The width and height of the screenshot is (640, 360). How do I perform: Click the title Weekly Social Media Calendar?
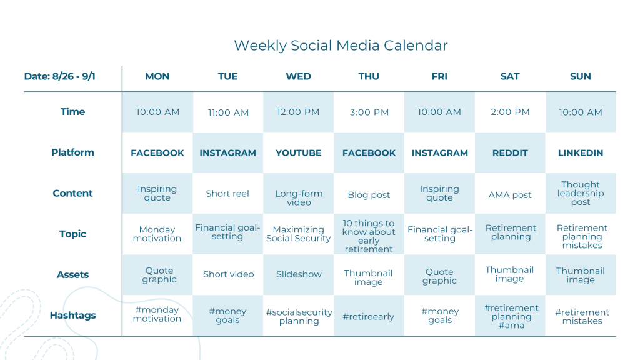coord(341,46)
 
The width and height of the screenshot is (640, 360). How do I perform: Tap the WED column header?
coord(298,76)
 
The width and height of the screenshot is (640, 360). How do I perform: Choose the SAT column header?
coord(510,76)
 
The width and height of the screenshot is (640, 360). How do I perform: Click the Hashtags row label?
coord(72,316)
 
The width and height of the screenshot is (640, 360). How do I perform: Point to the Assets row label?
coord(72,275)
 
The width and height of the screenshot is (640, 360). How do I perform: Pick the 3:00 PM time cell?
coord(369,112)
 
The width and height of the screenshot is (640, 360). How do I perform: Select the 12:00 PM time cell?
coord(298,112)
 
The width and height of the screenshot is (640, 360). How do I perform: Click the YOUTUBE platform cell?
coord(298,153)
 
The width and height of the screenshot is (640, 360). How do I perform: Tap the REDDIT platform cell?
coord(510,153)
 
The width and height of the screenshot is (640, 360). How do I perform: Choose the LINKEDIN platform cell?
coord(581,153)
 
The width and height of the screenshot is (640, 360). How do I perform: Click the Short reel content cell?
coord(227,194)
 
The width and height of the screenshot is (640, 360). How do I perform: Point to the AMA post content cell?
coord(510,195)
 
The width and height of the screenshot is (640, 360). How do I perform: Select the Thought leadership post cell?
coord(581,193)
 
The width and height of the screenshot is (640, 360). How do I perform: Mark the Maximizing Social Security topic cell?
coord(298,234)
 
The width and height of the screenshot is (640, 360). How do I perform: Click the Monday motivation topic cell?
coord(157,234)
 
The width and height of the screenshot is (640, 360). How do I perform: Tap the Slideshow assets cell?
coord(299,274)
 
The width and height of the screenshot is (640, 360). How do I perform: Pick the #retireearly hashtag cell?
coord(369,316)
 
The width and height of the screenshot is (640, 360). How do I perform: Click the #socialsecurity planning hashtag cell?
coord(299,316)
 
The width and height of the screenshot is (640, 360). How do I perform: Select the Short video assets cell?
coord(228,274)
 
